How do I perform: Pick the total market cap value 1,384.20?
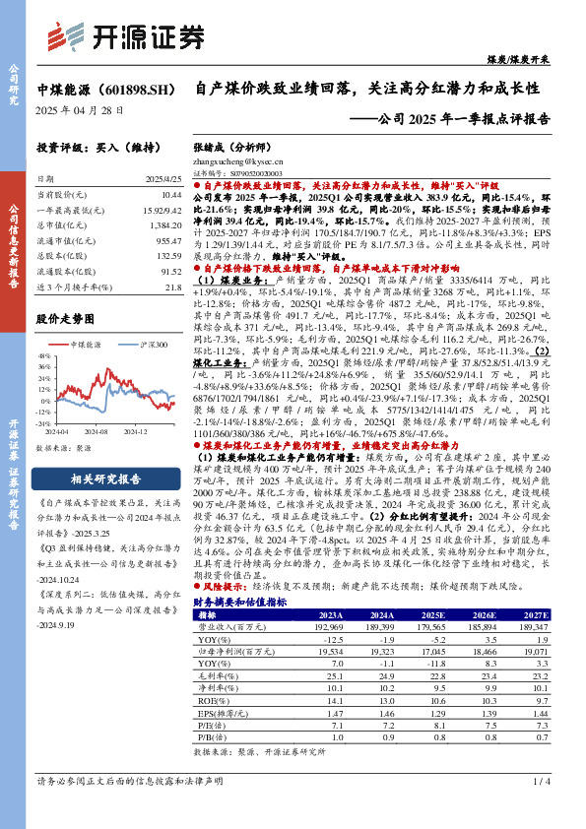[x=163, y=224]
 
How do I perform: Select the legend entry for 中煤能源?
[x=87, y=345]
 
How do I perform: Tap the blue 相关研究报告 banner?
[x=109, y=479]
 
